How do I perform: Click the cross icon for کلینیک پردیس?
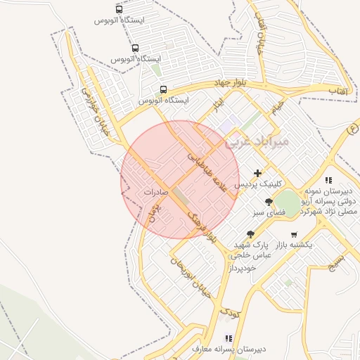[x=257, y=173]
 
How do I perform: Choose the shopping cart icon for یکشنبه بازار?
[x=293, y=234]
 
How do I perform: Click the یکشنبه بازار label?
[x=302, y=244]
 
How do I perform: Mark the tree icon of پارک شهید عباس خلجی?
[x=250, y=234]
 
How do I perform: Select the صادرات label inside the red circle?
[x=155, y=191]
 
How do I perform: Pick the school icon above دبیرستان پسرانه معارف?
[x=229, y=338]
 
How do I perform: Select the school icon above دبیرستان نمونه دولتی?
[x=328, y=181]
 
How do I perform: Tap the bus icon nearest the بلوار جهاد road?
[x=163, y=90]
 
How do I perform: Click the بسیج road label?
[x=338, y=263]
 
